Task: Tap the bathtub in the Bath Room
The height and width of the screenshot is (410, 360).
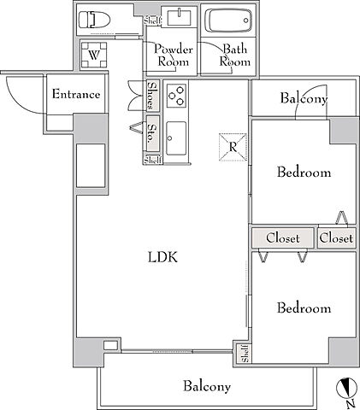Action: [228, 20]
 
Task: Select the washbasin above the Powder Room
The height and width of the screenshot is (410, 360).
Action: [180, 17]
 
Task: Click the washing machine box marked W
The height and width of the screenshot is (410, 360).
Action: [94, 55]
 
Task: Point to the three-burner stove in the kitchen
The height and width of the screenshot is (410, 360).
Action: [176, 96]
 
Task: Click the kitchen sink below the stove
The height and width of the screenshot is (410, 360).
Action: [176, 138]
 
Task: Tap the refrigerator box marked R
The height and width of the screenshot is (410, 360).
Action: [233, 147]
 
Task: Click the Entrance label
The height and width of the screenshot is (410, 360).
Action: [76, 94]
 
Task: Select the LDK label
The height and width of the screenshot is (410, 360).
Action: [162, 257]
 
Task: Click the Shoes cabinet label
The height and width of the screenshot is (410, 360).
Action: [153, 96]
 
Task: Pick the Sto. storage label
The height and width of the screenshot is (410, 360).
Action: [153, 133]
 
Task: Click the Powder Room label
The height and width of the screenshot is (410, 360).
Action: [174, 56]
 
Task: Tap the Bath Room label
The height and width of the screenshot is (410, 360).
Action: [235, 56]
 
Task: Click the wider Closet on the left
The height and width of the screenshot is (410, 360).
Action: [283, 238]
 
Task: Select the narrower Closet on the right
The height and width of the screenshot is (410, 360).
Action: [336, 238]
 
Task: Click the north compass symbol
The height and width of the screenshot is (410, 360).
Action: [346, 388]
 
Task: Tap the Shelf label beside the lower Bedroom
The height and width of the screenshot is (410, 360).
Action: [245, 354]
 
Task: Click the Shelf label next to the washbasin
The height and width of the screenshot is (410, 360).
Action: [153, 20]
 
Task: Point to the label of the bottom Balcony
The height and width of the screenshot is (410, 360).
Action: [207, 386]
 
